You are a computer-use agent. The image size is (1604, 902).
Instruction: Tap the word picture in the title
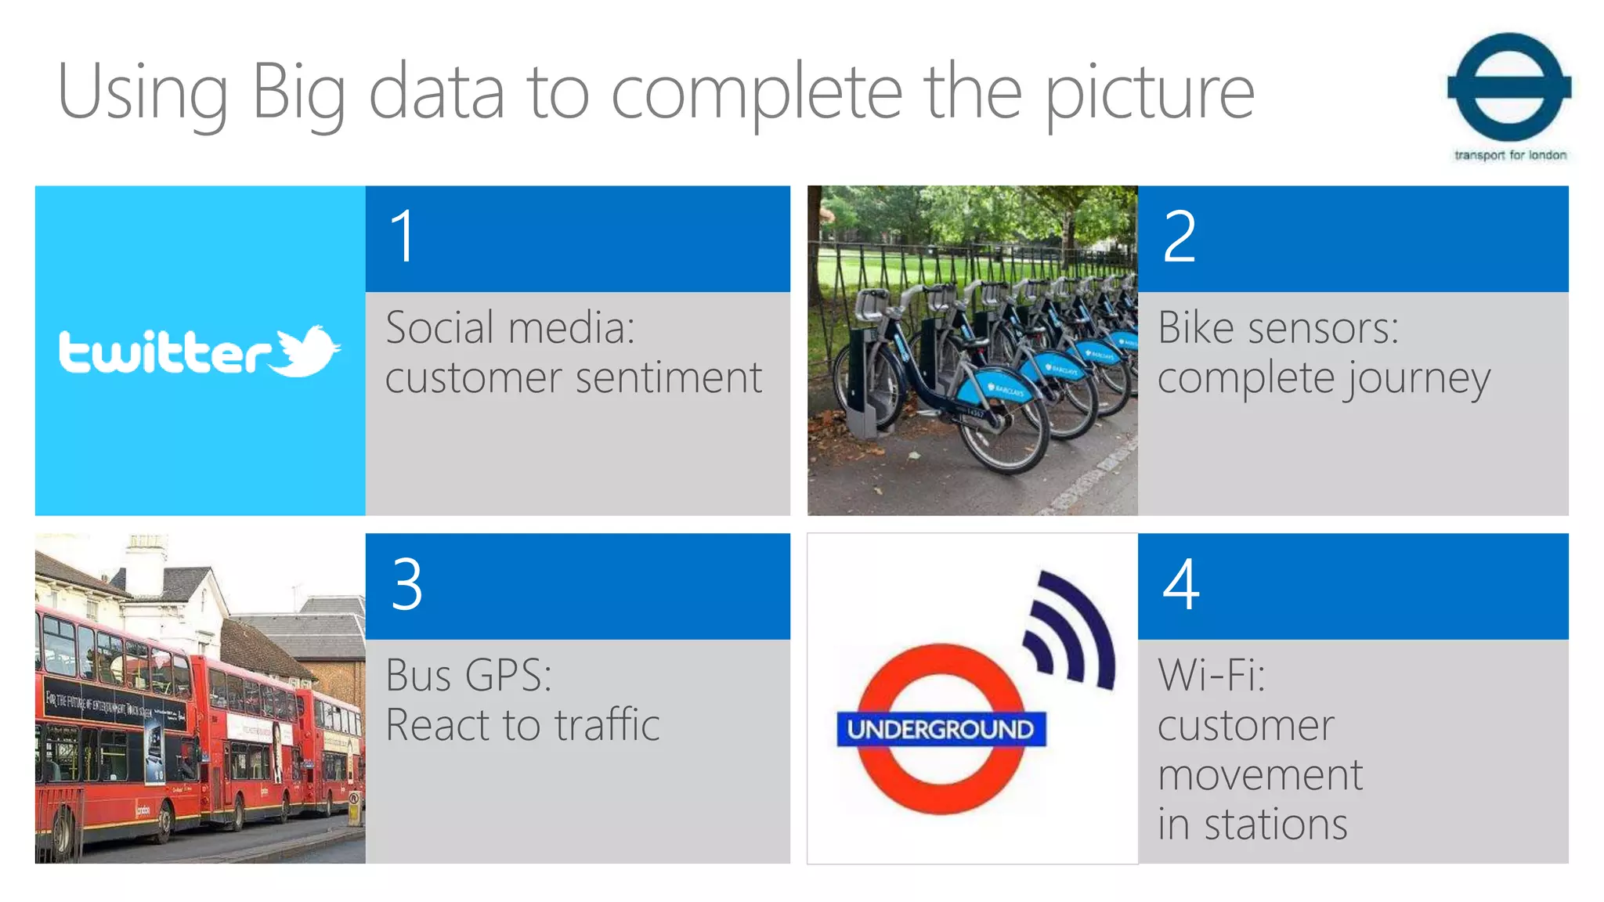[1150, 94]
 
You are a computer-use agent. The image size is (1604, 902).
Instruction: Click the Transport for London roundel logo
[1509, 88]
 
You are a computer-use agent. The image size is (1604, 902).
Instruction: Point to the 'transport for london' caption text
[1510, 155]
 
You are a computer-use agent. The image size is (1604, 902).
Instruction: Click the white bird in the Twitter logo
[305, 351]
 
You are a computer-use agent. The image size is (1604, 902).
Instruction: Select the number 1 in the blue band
[403, 236]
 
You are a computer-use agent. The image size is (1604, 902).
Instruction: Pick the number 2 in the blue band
[1180, 236]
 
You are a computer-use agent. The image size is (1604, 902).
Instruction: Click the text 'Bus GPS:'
[468, 675]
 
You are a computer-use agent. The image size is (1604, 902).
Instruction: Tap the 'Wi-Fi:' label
[1211, 675]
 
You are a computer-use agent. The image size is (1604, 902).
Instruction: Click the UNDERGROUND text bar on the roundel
[941, 730]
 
